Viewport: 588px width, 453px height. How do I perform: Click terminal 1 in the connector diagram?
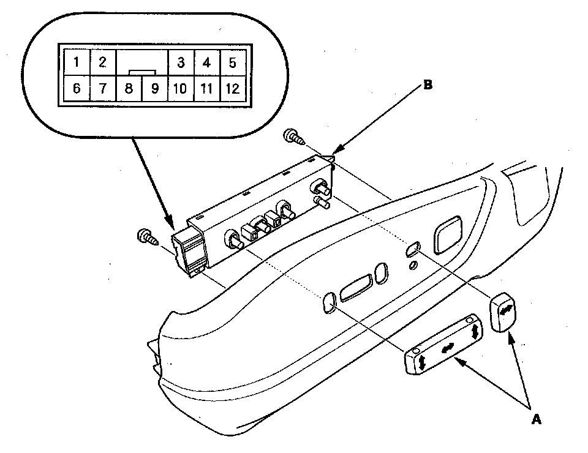(76, 62)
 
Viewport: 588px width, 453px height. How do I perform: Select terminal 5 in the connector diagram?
(232, 62)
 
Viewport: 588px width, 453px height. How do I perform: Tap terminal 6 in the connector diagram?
(76, 89)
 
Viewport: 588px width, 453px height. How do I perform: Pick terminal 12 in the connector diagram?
(232, 89)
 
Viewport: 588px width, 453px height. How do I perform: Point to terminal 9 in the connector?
(155, 89)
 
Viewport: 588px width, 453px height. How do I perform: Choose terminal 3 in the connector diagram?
(181, 62)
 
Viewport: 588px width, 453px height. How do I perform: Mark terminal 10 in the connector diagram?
(180, 89)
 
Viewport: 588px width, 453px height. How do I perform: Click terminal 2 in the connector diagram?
(102, 62)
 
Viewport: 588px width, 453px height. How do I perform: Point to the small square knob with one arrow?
(504, 311)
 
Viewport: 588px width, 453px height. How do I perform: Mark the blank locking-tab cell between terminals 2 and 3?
(141, 62)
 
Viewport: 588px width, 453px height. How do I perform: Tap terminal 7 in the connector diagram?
(102, 89)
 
